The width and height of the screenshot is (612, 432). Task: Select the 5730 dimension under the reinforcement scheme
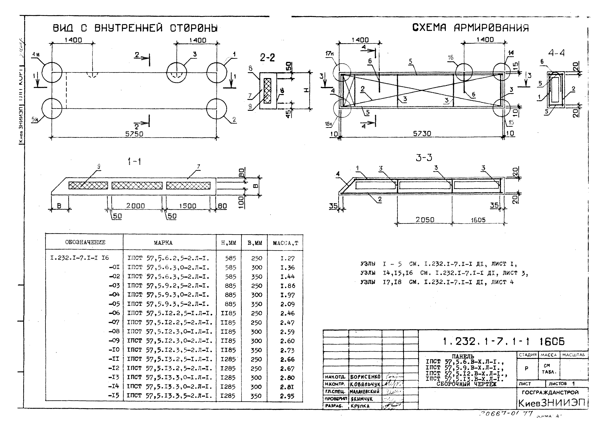click(x=422, y=133)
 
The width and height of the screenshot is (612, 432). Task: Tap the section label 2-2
click(x=267, y=57)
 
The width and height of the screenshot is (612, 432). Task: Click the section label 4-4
click(x=556, y=53)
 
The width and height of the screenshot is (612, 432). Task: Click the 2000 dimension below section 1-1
click(x=135, y=206)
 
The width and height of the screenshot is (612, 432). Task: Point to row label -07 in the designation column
click(x=114, y=322)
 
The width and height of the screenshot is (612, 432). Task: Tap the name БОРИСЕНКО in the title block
click(x=365, y=377)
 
